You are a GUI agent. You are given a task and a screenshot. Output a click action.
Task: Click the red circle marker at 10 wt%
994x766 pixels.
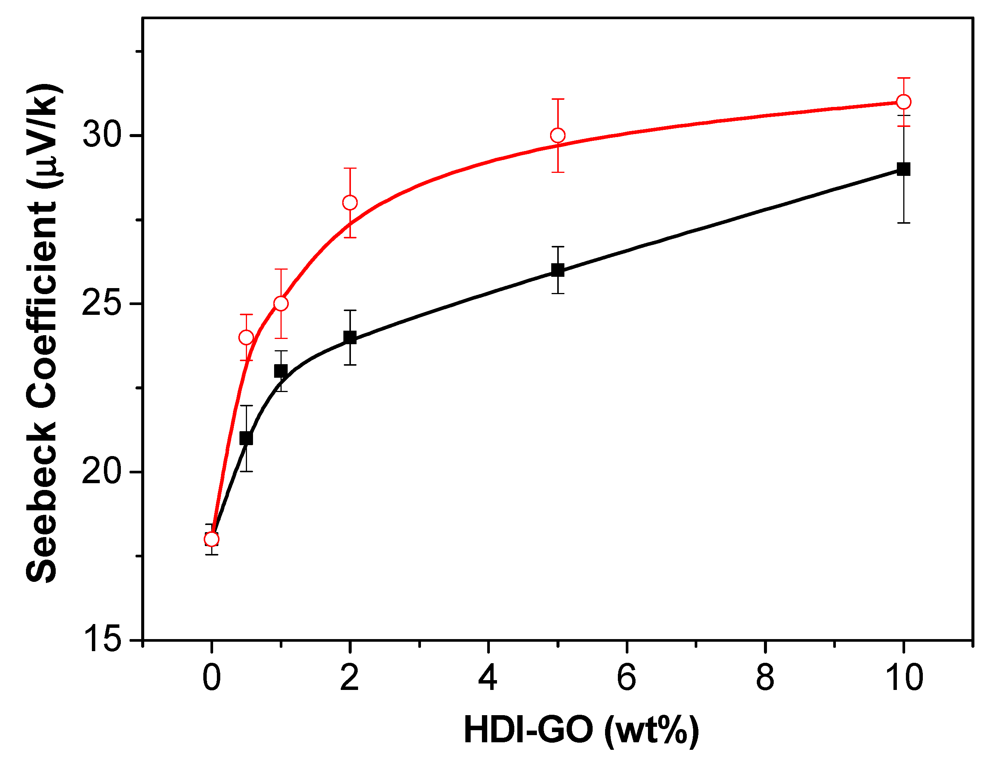coord(903,102)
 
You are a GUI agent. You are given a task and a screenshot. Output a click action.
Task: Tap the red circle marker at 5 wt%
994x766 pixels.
coord(558,136)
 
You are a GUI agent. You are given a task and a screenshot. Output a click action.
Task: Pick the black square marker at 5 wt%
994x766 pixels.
coord(558,270)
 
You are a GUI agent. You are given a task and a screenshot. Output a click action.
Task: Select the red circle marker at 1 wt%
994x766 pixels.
coord(281,304)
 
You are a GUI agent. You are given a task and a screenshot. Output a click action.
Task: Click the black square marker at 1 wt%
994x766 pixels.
coord(281,371)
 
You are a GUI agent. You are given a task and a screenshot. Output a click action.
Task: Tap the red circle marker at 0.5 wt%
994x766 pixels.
coord(246,338)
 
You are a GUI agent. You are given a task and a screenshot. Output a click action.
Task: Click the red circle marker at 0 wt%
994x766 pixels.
coord(211,539)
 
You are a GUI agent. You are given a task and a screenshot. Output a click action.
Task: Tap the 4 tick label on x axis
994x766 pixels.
coord(488,678)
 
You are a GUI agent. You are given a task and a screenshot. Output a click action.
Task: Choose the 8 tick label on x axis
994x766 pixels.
coord(765,678)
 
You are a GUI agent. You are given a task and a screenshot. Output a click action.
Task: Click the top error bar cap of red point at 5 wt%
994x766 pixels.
coord(558,99)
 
